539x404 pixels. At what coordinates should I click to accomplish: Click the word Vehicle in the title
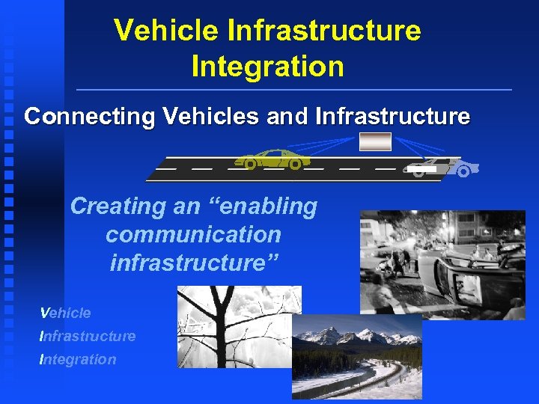click(165, 31)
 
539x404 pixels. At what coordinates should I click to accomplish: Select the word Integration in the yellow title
click(267, 66)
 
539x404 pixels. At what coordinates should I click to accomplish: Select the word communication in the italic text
click(193, 235)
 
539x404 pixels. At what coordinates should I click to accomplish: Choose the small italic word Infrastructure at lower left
click(88, 336)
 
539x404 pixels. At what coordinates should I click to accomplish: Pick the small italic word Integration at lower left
click(78, 359)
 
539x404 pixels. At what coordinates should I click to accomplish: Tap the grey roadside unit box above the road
click(375, 141)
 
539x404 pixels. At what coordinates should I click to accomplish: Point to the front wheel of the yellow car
click(296, 163)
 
